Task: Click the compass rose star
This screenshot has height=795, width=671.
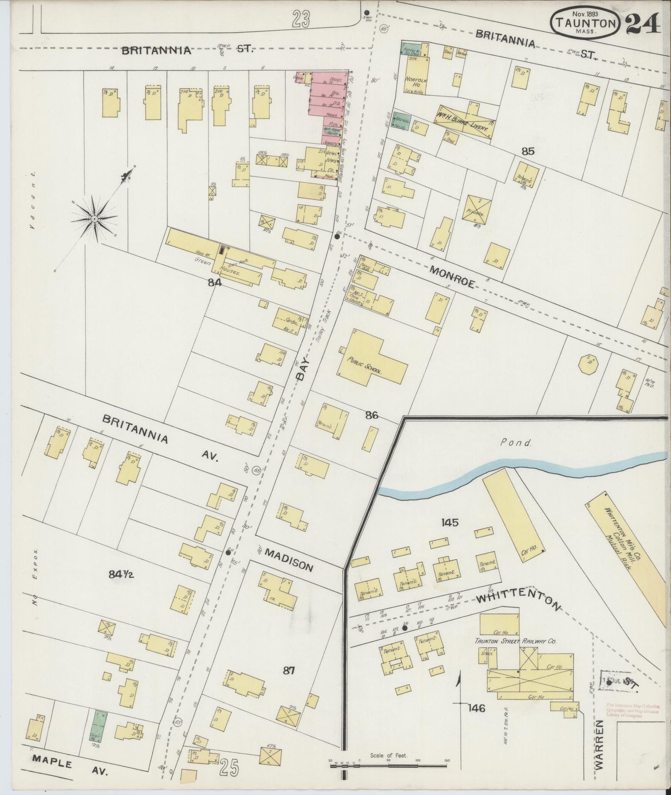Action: pos(94,218)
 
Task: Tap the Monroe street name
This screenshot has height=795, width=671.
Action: pos(452,277)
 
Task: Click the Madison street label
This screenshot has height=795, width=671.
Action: pos(289,560)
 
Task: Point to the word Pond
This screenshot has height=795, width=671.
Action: pos(516,442)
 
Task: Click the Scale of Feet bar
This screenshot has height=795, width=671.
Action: pos(389,763)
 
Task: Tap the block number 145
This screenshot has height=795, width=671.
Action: pos(450,523)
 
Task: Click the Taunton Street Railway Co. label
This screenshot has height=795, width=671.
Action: pos(515,641)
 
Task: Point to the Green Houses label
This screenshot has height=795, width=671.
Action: pos(216,267)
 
